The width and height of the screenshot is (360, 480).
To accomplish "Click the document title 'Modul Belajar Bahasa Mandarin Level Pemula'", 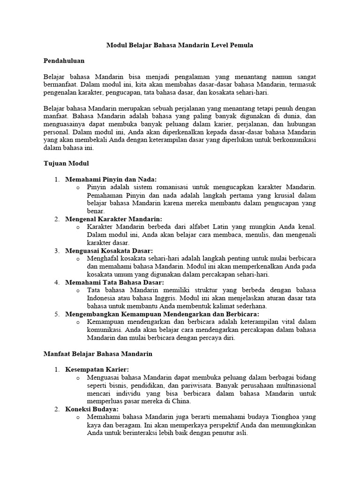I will (180, 45).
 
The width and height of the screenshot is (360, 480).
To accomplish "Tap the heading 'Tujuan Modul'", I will (63, 164).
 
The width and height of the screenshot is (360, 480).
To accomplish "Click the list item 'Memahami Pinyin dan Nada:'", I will (111, 179).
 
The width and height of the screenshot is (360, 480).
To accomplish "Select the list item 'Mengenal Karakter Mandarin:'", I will (113, 219).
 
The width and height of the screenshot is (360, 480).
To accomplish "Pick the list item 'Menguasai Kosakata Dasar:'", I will (109, 251).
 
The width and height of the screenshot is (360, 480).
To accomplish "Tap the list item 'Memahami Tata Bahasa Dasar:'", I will (114, 283).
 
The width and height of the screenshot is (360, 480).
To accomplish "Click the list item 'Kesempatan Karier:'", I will (97, 369).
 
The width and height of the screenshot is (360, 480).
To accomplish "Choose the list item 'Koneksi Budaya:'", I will (91, 409).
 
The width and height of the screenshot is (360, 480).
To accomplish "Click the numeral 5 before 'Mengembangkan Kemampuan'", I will (57, 314).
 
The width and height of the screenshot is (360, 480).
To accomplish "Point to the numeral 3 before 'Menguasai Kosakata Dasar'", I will (57, 251).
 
